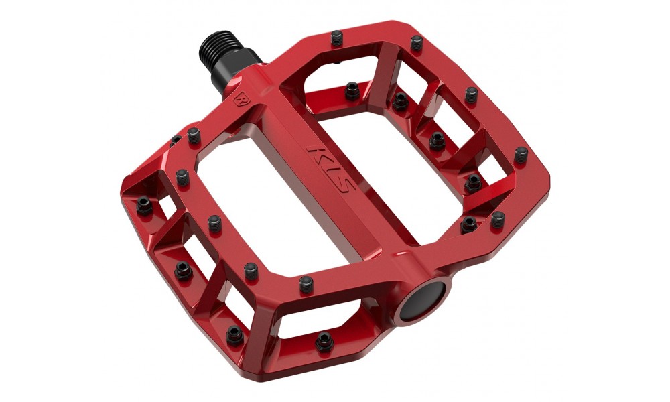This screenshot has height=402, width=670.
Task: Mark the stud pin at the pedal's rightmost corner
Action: tap(521, 155)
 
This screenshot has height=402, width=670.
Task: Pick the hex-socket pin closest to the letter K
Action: tap(349, 89)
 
